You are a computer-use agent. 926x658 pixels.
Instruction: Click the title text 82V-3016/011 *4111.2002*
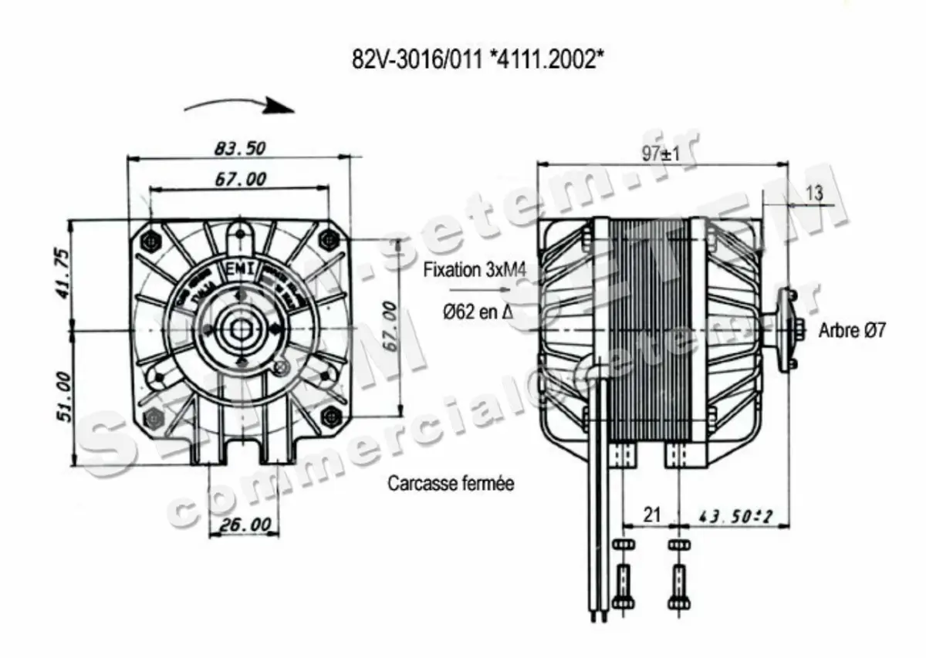[x=478, y=59]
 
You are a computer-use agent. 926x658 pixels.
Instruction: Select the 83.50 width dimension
[x=238, y=147]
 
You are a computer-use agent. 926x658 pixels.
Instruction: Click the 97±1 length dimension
[x=661, y=154]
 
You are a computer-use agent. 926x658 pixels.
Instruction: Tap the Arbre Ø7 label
[x=852, y=331]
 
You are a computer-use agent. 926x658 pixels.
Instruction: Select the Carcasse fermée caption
[x=451, y=484]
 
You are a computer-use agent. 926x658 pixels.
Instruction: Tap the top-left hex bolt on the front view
[x=150, y=241]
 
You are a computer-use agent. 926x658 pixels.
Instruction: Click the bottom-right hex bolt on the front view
[x=332, y=417]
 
